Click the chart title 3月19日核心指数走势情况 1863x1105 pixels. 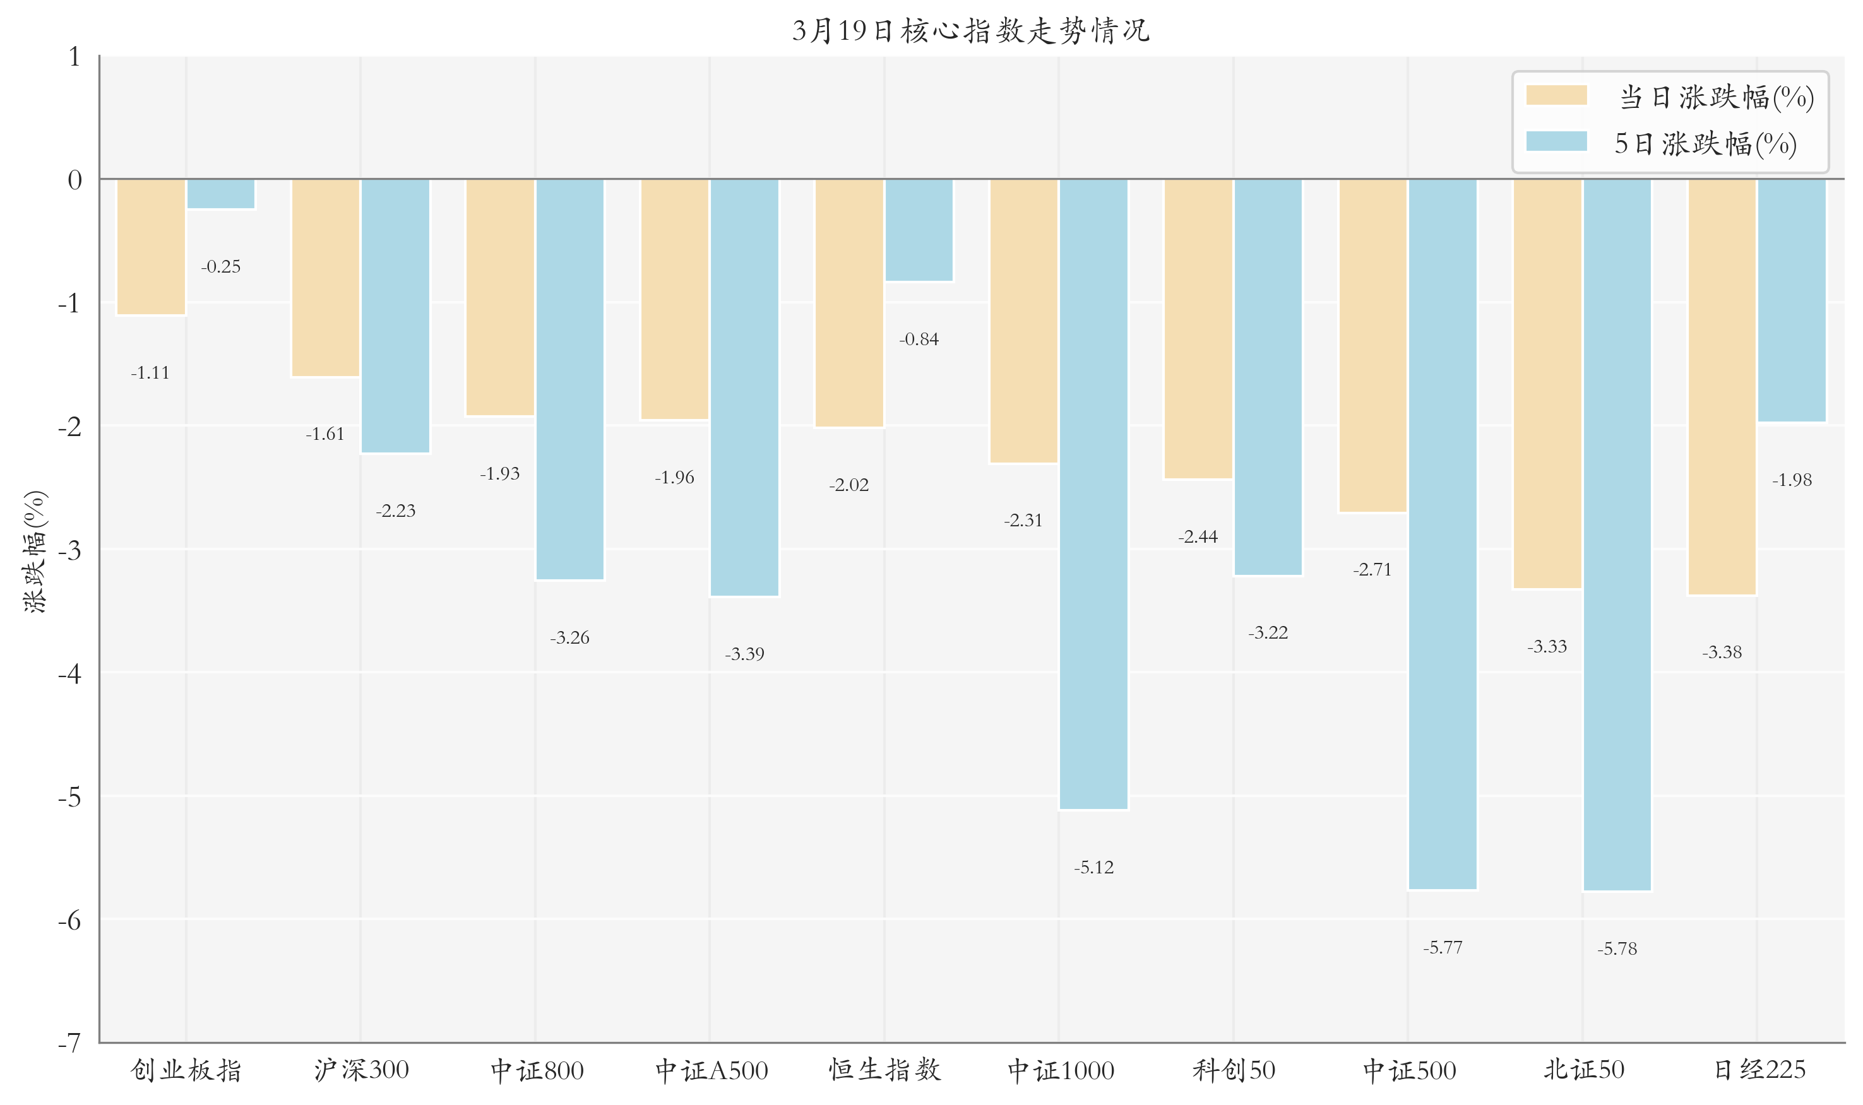tap(970, 30)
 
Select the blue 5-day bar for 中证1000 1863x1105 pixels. tap(1093, 493)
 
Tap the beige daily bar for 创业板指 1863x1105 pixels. tap(152, 247)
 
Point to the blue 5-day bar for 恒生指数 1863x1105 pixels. tap(919, 230)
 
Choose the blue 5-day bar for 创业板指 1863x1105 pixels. tap(220, 194)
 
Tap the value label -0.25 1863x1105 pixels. tap(220, 266)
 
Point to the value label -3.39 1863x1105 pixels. tap(744, 654)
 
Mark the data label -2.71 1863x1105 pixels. tap(1372, 570)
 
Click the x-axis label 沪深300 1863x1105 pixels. tap(361, 1070)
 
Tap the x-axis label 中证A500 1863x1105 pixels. tap(711, 1071)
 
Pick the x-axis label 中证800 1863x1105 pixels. tap(537, 1071)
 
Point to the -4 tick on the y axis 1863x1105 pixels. tap(69, 674)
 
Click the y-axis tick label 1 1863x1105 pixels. tap(74, 57)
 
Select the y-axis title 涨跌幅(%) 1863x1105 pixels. tap(35, 551)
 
